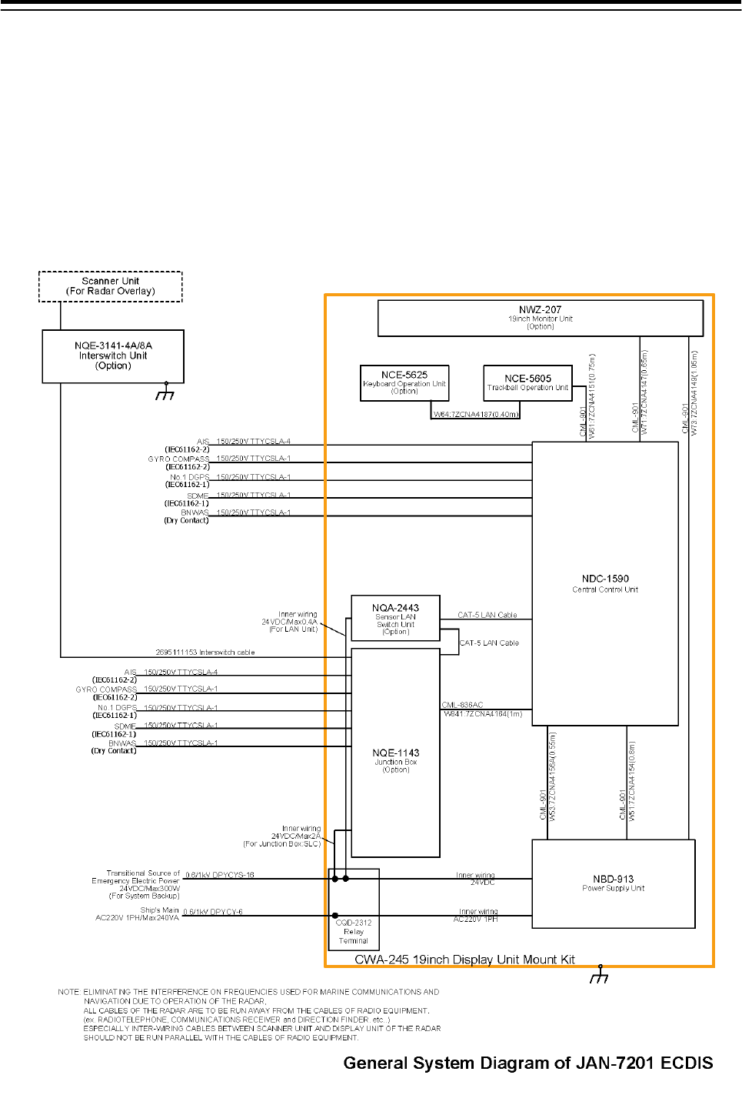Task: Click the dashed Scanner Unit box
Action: tap(111, 286)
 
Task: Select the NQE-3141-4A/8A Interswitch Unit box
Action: tap(113, 356)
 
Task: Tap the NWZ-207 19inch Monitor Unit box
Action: tap(541, 318)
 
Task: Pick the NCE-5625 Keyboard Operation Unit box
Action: tap(404, 382)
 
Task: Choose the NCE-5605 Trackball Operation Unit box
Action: tap(527, 382)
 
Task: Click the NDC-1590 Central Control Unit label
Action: tap(605, 583)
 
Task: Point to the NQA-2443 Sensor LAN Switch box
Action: tap(395, 618)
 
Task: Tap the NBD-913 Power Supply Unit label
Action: tap(614, 883)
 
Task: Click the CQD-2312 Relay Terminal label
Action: tap(354, 931)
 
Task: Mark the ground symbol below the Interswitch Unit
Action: tap(165, 392)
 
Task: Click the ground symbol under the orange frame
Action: tap(599, 976)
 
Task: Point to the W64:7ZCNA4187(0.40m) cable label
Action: tap(476, 415)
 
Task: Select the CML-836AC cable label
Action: tap(463, 705)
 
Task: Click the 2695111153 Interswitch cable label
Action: tap(205, 653)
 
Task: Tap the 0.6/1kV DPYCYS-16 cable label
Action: tap(219, 875)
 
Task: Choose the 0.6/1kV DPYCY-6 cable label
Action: tap(213, 912)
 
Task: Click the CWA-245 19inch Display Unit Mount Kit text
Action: tap(464, 960)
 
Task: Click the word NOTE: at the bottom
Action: tap(68, 992)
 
